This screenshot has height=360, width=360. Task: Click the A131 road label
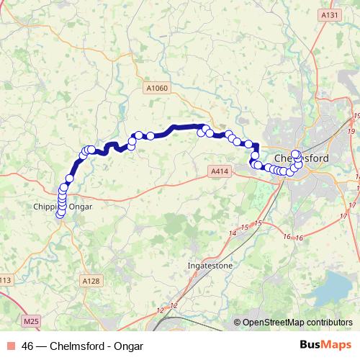point(330,15)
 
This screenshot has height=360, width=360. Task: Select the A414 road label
point(221,171)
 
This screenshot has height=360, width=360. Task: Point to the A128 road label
point(91,281)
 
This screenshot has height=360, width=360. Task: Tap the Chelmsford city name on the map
point(302,159)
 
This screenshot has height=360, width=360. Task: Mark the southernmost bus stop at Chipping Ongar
point(60,214)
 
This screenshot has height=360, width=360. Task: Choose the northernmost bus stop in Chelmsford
point(295,153)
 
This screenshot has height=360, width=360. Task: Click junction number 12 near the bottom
point(160,310)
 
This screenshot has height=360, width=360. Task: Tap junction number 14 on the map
point(232,234)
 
